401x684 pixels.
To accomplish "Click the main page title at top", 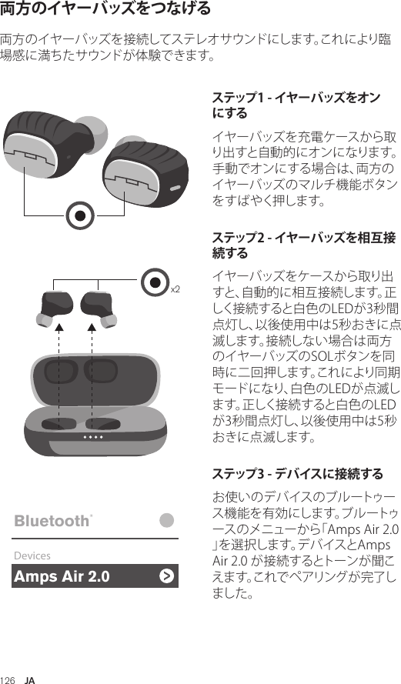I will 105,9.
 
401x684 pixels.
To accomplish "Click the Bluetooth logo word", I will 52,521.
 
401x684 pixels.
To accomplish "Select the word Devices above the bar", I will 32,555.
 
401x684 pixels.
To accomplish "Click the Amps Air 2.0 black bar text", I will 62,576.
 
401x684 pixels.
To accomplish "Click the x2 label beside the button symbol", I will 175,289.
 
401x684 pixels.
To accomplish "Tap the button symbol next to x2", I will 157,282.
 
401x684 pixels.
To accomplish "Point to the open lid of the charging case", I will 96,375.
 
